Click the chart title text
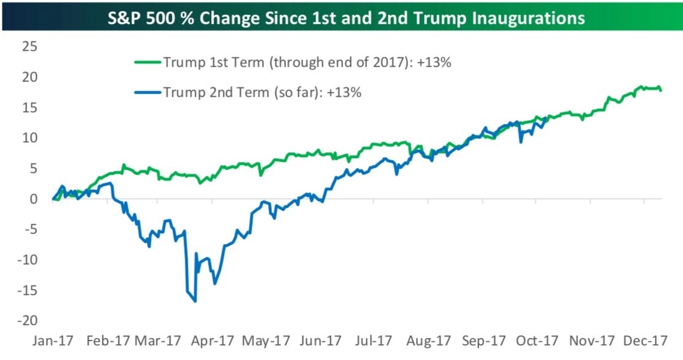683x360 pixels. (x=341, y=18)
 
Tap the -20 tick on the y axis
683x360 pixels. (x=25, y=321)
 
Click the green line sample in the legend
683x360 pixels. (x=148, y=62)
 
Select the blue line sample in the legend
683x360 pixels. (x=148, y=93)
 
